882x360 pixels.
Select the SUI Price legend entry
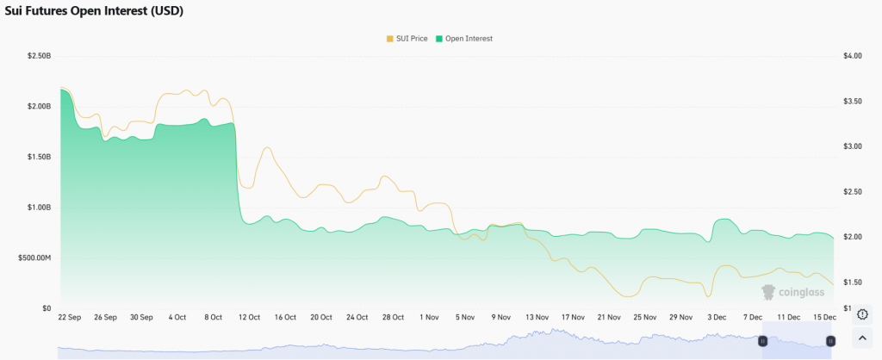click(x=408, y=39)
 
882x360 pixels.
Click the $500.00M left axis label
click(x=34, y=258)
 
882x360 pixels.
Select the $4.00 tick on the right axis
click(x=853, y=56)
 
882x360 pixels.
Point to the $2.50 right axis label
click(x=853, y=191)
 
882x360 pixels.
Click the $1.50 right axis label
click(x=853, y=282)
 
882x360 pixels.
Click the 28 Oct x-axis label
click(x=392, y=317)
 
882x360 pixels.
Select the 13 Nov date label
click(x=537, y=317)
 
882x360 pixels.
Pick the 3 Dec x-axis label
click(x=717, y=317)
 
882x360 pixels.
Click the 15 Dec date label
click(x=825, y=317)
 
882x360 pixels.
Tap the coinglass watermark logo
click(x=792, y=293)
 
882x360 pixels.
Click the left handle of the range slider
click(x=762, y=341)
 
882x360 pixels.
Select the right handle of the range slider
click(x=830, y=341)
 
